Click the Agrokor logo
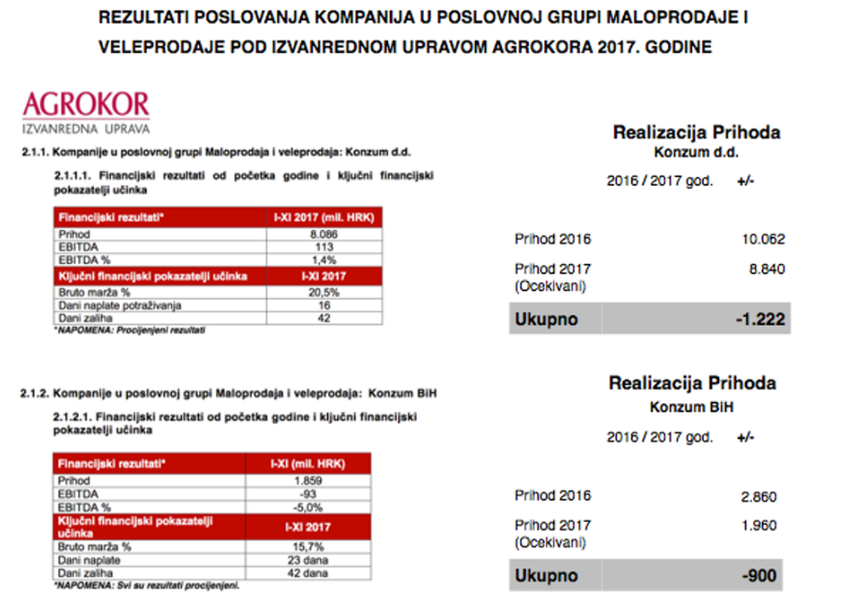(x=85, y=110)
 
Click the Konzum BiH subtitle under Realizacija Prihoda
(x=690, y=407)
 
